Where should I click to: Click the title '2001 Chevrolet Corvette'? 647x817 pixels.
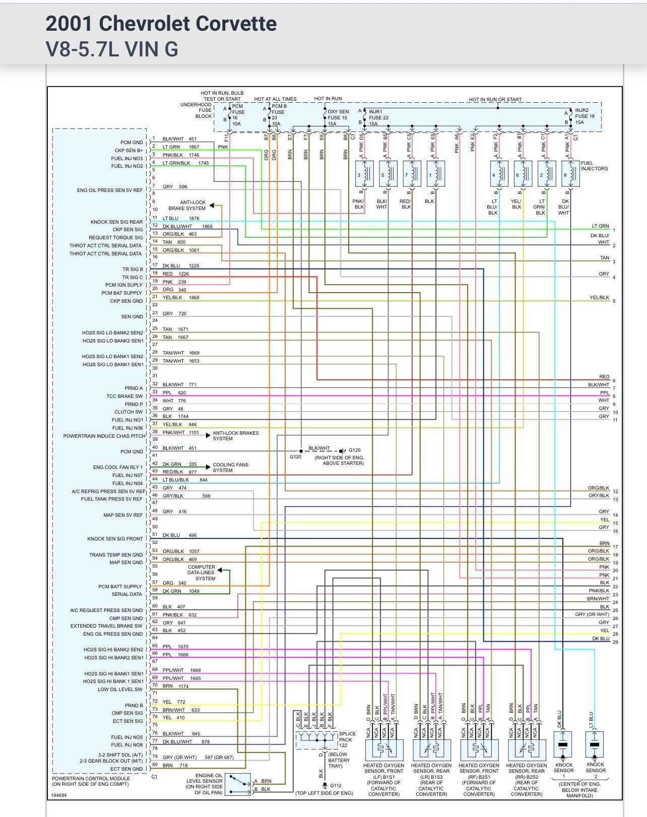pos(161,24)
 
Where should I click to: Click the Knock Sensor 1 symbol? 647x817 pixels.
pos(563,744)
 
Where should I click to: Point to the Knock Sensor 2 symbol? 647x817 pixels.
pos(595,744)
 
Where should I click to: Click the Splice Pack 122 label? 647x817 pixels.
pos(347,739)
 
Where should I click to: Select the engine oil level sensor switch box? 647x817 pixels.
pos(238,785)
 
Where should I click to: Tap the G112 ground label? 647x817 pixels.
pos(336,785)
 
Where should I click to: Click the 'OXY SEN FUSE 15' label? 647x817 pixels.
pos(338,117)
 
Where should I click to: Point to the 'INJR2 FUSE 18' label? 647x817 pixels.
pos(584,116)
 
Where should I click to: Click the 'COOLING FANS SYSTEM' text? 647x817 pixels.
pos(230,467)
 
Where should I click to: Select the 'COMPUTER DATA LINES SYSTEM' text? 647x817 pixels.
pos(202,573)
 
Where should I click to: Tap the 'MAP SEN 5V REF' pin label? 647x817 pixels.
pos(123,515)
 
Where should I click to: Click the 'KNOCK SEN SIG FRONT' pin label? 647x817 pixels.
pos(115,539)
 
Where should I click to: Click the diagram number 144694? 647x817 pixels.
pos(59,796)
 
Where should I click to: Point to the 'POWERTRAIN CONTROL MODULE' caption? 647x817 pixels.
pos(91,779)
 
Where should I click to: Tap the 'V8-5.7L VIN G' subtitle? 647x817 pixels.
pos(112,49)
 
